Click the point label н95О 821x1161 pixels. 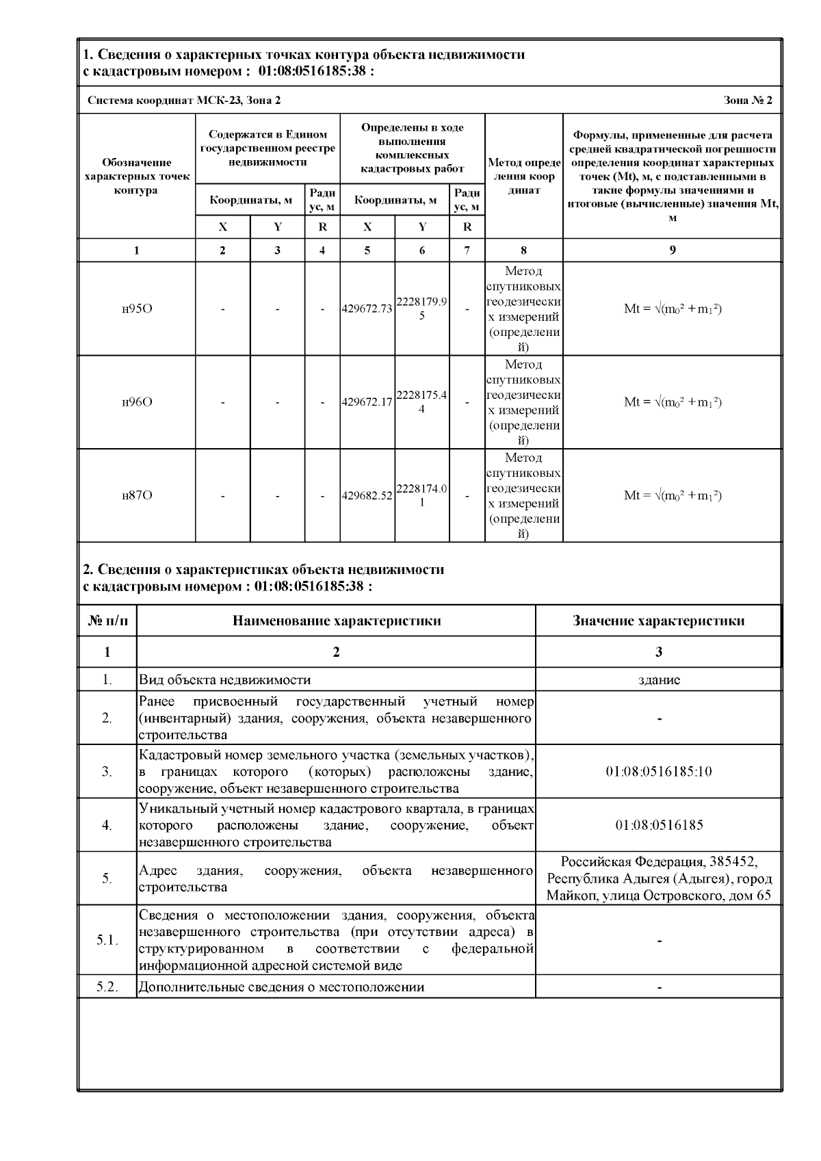coord(137,309)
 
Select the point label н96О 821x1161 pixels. coord(137,402)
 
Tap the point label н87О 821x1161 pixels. coord(137,495)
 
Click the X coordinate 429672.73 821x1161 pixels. coord(367,309)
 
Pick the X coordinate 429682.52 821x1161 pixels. coord(367,495)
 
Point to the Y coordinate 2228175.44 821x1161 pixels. coord(421,402)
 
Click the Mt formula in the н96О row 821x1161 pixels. coord(672,402)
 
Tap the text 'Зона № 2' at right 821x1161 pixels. coord(748,101)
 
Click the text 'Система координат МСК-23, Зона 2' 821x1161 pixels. coord(184,101)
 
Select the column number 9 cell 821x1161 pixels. coord(672,250)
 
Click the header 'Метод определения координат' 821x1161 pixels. coord(523,177)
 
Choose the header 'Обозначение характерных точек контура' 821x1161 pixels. coord(137,177)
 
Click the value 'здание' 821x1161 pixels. coord(658,680)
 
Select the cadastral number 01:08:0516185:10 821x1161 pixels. coord(658,772)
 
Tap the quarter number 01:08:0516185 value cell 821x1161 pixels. coord(658,825)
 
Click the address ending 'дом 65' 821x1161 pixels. coord(658,878)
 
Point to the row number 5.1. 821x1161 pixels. coord(107,941)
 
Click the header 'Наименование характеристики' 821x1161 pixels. coord(336,621)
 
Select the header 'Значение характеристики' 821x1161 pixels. coord(658,621)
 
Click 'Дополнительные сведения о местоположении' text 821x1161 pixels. coord(281,987)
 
